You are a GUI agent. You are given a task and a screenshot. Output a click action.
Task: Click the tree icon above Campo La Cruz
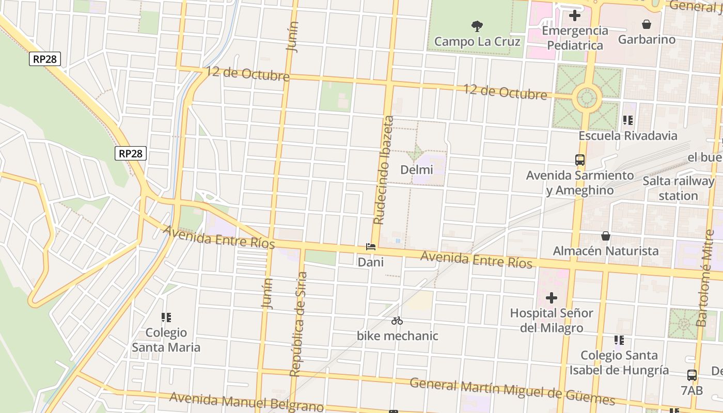(x=477, y=25)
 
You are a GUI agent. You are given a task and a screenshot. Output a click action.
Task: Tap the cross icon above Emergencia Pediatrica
(x=574, y=15)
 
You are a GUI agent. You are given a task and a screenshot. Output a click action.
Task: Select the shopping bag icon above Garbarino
(x=646, y=24)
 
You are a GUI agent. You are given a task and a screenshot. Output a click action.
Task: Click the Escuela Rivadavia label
(x=627, y=136)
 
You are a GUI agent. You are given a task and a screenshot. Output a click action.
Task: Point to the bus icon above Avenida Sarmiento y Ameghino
(x=579, y=160)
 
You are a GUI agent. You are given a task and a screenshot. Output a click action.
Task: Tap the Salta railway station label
(x=678, y=188)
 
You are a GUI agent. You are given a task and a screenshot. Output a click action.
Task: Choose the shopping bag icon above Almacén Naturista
(x=605, y=236)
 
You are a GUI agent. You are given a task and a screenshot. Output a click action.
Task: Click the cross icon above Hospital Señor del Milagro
(x=551, y=298)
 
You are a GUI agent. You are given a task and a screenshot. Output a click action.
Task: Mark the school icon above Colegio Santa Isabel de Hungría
(x=619, y=340)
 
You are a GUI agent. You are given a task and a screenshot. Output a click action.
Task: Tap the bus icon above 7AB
(x=691, y=375)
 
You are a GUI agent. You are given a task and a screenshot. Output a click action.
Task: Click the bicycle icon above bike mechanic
(x=397, y=321)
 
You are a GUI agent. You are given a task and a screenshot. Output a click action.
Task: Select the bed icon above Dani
(x=370, y=247)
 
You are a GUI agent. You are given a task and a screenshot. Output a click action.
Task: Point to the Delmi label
(x=416, y=169)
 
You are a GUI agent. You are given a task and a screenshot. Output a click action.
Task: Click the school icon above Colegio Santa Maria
(x=166, y=317)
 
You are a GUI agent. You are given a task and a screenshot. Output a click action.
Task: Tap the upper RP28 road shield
(x=45, y=59)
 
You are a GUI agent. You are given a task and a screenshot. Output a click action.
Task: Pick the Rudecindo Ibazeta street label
(x=383, y=170)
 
